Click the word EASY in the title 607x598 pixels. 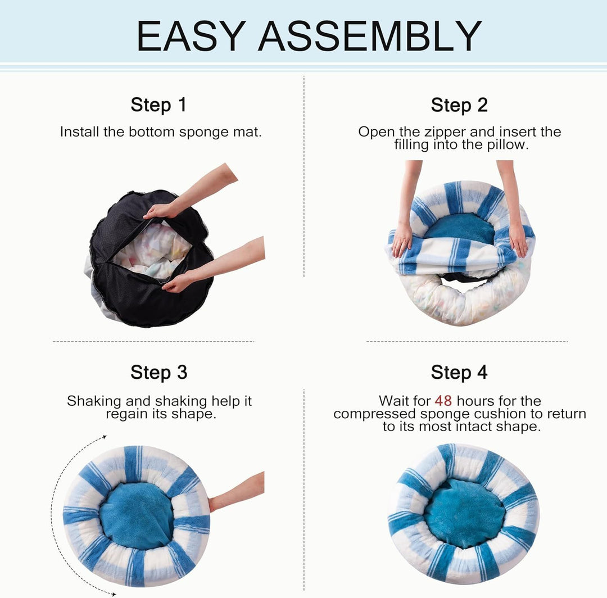pos(191,37)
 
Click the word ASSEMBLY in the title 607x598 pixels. pos(370,37)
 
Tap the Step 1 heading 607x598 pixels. pos(158,105)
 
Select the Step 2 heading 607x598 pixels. pos(459,105)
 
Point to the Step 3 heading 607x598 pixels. pos(158,372)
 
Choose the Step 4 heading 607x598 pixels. pos(459,372)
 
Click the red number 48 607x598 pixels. pos(443,401)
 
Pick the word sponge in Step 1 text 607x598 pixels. pos(199,133)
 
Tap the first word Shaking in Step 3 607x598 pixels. pos(94,401)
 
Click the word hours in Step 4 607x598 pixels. pos(476,401)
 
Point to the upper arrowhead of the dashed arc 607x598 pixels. pos(104,437)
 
